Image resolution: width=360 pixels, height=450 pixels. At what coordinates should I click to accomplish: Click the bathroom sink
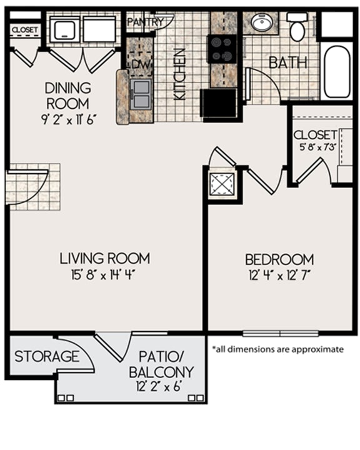tap(261, 22)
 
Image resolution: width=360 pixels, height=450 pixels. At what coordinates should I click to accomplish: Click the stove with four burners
tap(222, 49)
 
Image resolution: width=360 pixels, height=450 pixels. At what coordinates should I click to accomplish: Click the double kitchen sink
tap(141, 94)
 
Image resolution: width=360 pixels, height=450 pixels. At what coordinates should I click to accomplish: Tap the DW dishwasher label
tap(141, 64)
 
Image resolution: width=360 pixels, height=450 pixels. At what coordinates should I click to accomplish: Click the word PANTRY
tap(145, 22)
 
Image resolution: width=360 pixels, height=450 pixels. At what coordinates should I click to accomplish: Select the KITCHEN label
tap(180, 74)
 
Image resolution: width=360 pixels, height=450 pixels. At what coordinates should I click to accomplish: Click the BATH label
tap(288, 62)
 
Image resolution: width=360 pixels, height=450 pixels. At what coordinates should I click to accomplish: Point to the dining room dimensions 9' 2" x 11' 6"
tap(68, 119)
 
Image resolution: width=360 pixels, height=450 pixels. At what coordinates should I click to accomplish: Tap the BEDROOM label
tap(279, 259)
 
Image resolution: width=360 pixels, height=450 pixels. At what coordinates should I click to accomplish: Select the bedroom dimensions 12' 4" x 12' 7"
tap(279, 276)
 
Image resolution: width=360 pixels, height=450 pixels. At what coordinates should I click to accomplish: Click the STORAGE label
tap(47, 356)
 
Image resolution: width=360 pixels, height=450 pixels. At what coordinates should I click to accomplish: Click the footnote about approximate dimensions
tap(277, 349)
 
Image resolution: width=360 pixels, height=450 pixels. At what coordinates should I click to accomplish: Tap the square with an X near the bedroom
tap(221, 184)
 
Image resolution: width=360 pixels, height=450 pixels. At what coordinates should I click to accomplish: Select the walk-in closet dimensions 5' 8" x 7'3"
tap(317, 147)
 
